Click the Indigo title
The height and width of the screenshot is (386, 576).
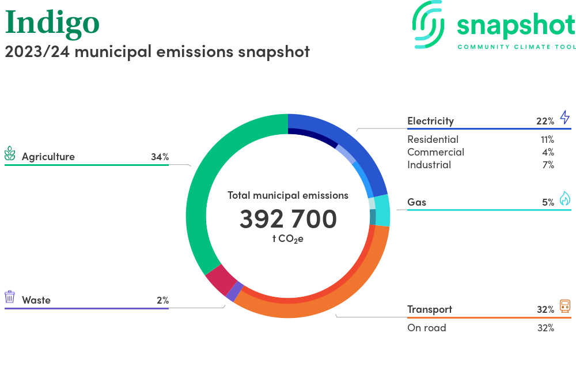(52, 22)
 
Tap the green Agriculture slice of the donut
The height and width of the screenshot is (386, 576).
(199, 196)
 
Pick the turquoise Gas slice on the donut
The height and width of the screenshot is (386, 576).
(382, 210)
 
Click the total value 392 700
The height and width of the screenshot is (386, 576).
(288, 220)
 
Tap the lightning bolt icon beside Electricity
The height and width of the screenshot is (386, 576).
(564, 118)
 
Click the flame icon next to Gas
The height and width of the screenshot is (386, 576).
(564, 199)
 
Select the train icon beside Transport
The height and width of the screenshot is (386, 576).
(564, 306)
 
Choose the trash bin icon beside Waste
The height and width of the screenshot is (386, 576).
(10, 297)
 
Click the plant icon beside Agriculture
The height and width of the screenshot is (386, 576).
(10, 153)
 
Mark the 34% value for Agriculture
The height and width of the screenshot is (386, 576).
(160, 157)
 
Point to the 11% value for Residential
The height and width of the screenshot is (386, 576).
(547, 139)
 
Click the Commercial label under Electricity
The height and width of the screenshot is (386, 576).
(435, 152)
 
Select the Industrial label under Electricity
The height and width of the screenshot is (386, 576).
(429, 165)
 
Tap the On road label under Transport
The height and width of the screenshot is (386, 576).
(426, 328)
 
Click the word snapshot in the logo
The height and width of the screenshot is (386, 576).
(516, 25)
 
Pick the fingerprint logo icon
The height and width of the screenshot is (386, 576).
(430, 24)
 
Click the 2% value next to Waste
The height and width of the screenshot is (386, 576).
(162, 300)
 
